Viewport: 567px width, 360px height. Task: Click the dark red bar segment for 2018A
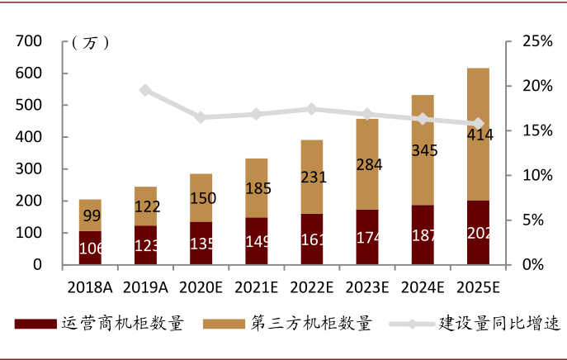click(90, 248)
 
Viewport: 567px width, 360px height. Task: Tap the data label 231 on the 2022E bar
click(312, 177)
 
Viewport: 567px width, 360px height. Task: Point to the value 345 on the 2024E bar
click(423, 151)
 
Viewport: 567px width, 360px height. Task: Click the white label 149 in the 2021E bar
click(257, 243)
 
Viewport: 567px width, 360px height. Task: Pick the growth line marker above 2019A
click(145, 90)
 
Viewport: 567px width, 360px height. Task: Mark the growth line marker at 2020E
click(201, 117)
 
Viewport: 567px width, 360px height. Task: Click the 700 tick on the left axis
click(29, 41)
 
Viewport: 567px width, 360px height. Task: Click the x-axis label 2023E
click(367, 287)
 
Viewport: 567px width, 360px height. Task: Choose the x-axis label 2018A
click(90, 287)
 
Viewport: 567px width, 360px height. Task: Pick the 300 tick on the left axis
click(29, 169)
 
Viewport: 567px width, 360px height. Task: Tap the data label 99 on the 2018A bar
click(90, 216)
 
